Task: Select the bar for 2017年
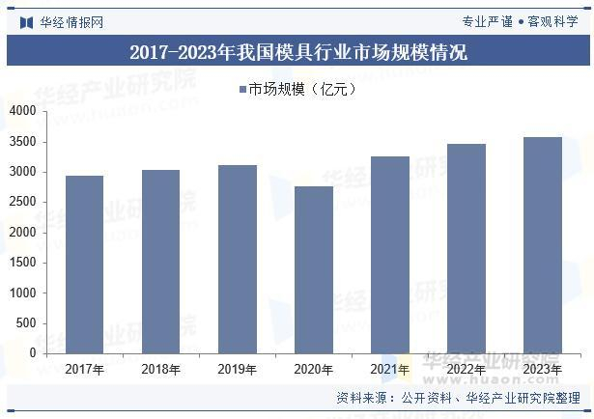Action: pos(84,265)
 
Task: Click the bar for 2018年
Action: pos(160,262)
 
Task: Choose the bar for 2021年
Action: pos(389,255)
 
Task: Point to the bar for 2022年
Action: pos(467,248)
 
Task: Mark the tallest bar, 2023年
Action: pos(542,245)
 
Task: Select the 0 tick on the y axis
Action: pos(33,353)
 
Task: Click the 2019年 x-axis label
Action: pos(237,369)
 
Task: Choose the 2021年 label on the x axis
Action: pos(389,369)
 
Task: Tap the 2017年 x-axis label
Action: pos(84,369)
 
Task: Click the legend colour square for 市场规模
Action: pos(242,90)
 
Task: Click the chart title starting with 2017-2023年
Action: pos(297,52)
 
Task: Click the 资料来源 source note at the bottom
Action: pos(458,398)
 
